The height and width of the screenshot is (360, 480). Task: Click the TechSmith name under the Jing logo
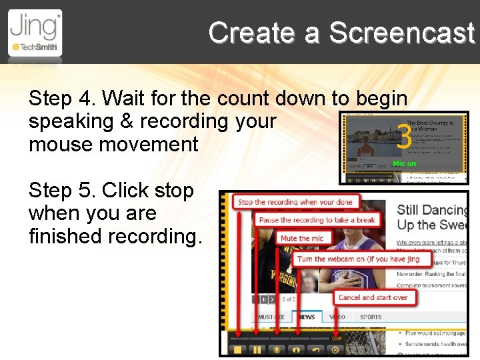pyautogui.click(x=38, y=47)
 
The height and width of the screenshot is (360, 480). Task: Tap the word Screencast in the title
pyautogui.click(x=401, y=32)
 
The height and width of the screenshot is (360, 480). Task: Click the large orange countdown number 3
pyautogui.click(x=403, y=138)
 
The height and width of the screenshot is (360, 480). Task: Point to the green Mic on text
pyautogui.click(x=404, y=163)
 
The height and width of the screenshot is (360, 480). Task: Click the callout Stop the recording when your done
pyautogui.click(x=295, y=202)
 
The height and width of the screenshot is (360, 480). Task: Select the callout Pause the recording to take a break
pyautogui.click(x=317, y=220)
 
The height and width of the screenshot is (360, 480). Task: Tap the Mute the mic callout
pyautogui.click(x=302, y=238)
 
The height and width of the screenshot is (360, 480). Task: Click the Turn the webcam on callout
pyautogui.click(x=358, y=259)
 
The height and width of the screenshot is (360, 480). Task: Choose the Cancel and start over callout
pyautogui.click(x=373, y=297)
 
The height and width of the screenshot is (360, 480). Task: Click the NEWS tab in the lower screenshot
pyautogui.click(x=307, y=317)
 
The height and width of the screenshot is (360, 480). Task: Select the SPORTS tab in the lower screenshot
pyautogui.click(x=371, y=317)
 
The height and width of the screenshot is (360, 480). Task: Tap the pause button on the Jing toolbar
pyautogui.click(x=255, y=349)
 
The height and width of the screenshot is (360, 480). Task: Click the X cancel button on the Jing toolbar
pyautogui.click(x=335, y=349)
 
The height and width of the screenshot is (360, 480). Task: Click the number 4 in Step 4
pyautogui.click(x=85, y=99)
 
